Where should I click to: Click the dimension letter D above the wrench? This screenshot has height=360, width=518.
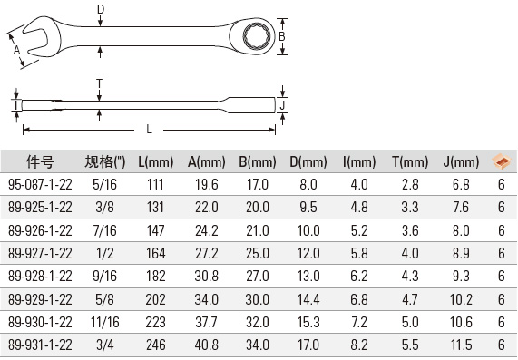pyautogui.click(x=101, y=9)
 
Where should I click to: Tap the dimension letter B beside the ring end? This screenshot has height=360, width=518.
pyautogui.click(x=282, y=36)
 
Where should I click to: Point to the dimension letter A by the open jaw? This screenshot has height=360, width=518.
pyautogui.click(x=16, y=50)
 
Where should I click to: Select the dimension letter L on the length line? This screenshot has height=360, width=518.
pyautogui.click(x=149, y=129)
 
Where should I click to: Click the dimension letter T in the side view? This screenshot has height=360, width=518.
pyautogui.click(x=100, y=83)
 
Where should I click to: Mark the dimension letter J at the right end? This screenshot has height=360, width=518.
pyautogui.click(x=282, y=106)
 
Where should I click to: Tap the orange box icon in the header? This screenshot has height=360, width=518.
pyautogui.click(x=501, y=161)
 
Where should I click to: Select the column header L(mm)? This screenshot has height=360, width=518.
pyautogui.click(x=156, y=161)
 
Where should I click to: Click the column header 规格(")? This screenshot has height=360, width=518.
pyautogui.click(x=105, y=161)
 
